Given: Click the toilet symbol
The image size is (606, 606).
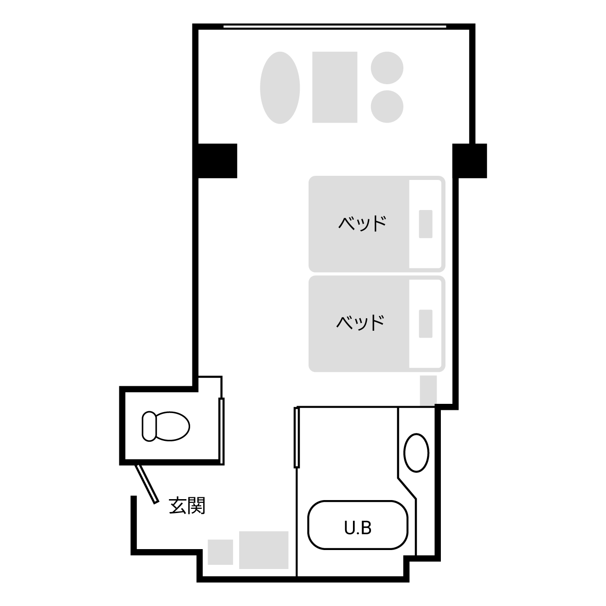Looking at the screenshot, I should [x=166, y=426].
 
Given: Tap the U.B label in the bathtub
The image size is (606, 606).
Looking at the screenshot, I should [x=358, y=527].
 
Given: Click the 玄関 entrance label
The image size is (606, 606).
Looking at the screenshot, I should [x=187, y=506].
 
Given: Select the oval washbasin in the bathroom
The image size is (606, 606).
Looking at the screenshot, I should [x=416, y=453].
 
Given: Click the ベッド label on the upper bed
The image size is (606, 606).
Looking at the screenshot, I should [x=362, y=223].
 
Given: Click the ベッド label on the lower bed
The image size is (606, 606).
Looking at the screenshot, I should [x=360, y=322].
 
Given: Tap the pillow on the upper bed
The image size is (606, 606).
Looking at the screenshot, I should [x=426, y=224].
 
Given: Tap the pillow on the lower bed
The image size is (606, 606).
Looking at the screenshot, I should [x=426, y=323].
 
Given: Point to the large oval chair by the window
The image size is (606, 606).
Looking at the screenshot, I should [x=280, y=87].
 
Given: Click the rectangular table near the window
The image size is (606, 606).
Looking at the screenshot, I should [x=335, y=87].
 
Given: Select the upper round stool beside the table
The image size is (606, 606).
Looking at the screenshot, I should [x=387, y=68].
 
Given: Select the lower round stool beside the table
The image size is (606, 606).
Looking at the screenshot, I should [x=387, y=106].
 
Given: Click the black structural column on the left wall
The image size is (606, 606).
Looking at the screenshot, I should [x=217, y=161].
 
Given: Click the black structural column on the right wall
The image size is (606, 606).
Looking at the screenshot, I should [x=470, y=161].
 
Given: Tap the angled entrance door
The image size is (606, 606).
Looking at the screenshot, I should [x=147, y=484].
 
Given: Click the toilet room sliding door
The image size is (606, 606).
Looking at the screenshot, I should [x=222, y=431].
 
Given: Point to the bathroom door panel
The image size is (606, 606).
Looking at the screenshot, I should [x=297, y=438].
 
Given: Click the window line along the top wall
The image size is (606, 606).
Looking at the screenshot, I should [x=335, y=27].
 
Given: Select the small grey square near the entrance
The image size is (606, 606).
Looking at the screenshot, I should [x=220, y=552].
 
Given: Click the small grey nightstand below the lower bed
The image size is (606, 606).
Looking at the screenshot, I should [x=428, y=390].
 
